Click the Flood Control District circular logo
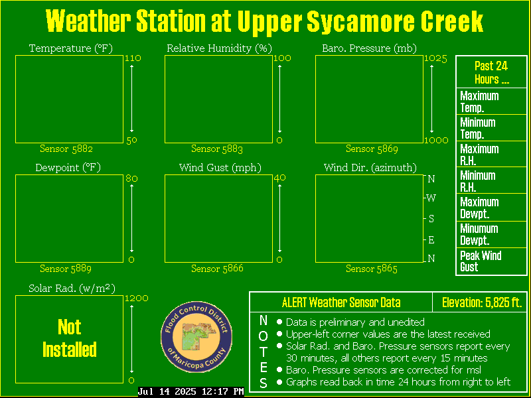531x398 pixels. [196, 337]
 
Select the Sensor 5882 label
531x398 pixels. [66, 149]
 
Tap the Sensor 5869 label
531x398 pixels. [372, 149]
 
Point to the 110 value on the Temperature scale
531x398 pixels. [133, 58]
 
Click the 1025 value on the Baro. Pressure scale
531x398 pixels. [435, 59]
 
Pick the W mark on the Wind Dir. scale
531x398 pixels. [431, 198]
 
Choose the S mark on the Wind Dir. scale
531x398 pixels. [431, 219]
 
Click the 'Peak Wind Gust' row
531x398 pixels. [492, 261]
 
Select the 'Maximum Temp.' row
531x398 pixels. [492, 101]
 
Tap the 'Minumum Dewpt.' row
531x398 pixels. [492, 235]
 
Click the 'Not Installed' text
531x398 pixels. [70, 338]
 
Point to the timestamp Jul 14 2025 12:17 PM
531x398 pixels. [191, 392]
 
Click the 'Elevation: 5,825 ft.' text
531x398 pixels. [482, 302]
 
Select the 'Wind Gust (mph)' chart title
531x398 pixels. [220, 168]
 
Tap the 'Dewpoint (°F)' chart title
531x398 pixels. [68, 168]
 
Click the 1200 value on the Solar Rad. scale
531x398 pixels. [137, 298]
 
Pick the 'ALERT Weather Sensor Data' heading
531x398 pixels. [341, 302]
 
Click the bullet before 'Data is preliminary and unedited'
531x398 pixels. [279, 322]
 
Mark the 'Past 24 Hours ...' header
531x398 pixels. [491, 72]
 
